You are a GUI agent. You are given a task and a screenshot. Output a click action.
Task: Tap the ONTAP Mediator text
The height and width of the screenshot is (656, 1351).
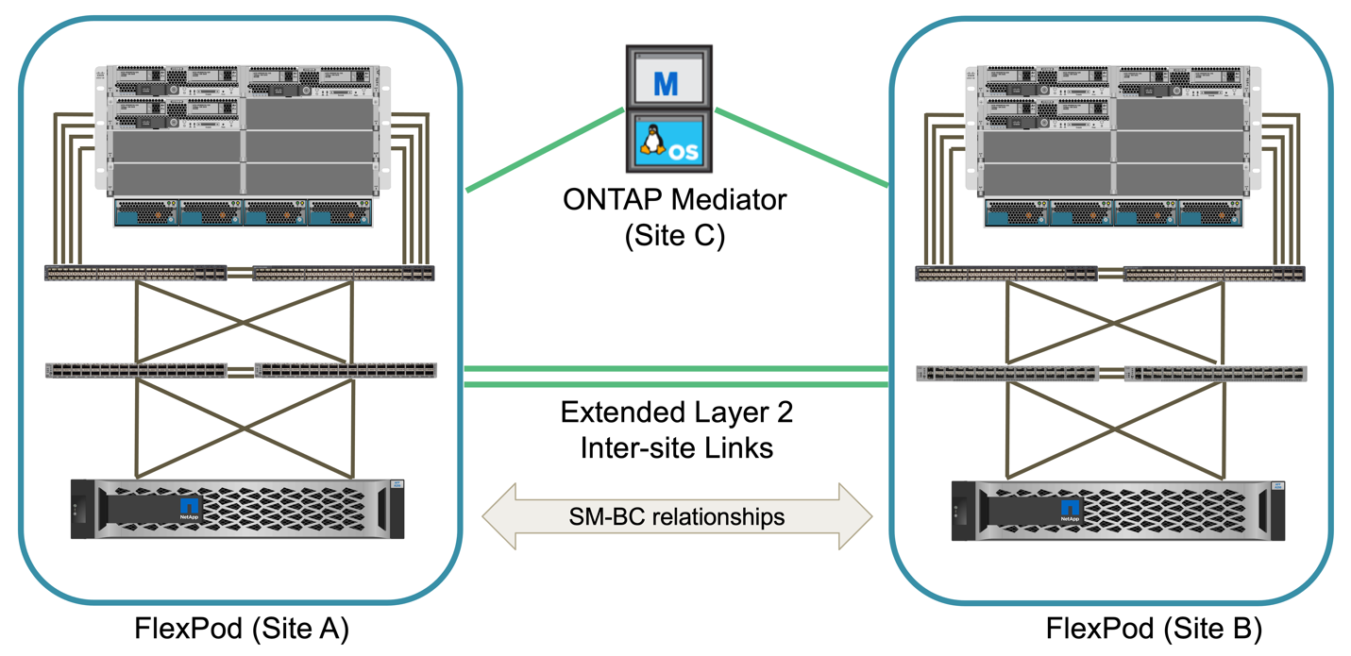click(x=674, y=200)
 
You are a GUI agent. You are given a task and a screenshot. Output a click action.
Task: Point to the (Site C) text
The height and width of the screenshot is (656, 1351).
click(x=674, y=234)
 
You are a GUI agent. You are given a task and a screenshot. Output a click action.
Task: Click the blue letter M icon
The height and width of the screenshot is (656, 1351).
click(x=667, y=83)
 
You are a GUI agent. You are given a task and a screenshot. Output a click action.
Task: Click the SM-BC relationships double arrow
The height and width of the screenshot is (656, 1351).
click(x=676, y=516)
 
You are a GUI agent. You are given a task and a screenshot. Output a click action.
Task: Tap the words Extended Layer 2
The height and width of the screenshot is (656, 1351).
click(x=677, y=412)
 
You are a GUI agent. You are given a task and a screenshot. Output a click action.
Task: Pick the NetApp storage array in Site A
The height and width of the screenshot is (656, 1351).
click(x=238, y=509)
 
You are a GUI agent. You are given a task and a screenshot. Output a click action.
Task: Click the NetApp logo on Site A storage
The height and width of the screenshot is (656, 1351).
click(x=191, y=509)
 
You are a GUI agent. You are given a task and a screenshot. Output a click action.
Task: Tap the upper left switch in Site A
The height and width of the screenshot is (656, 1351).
click(x=136, y=274)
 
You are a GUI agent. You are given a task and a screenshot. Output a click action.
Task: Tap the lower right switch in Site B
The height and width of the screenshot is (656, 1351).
click(x=1215, y=374)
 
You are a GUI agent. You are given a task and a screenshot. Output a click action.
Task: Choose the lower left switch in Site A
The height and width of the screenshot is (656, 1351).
click(x=137, y=371)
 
